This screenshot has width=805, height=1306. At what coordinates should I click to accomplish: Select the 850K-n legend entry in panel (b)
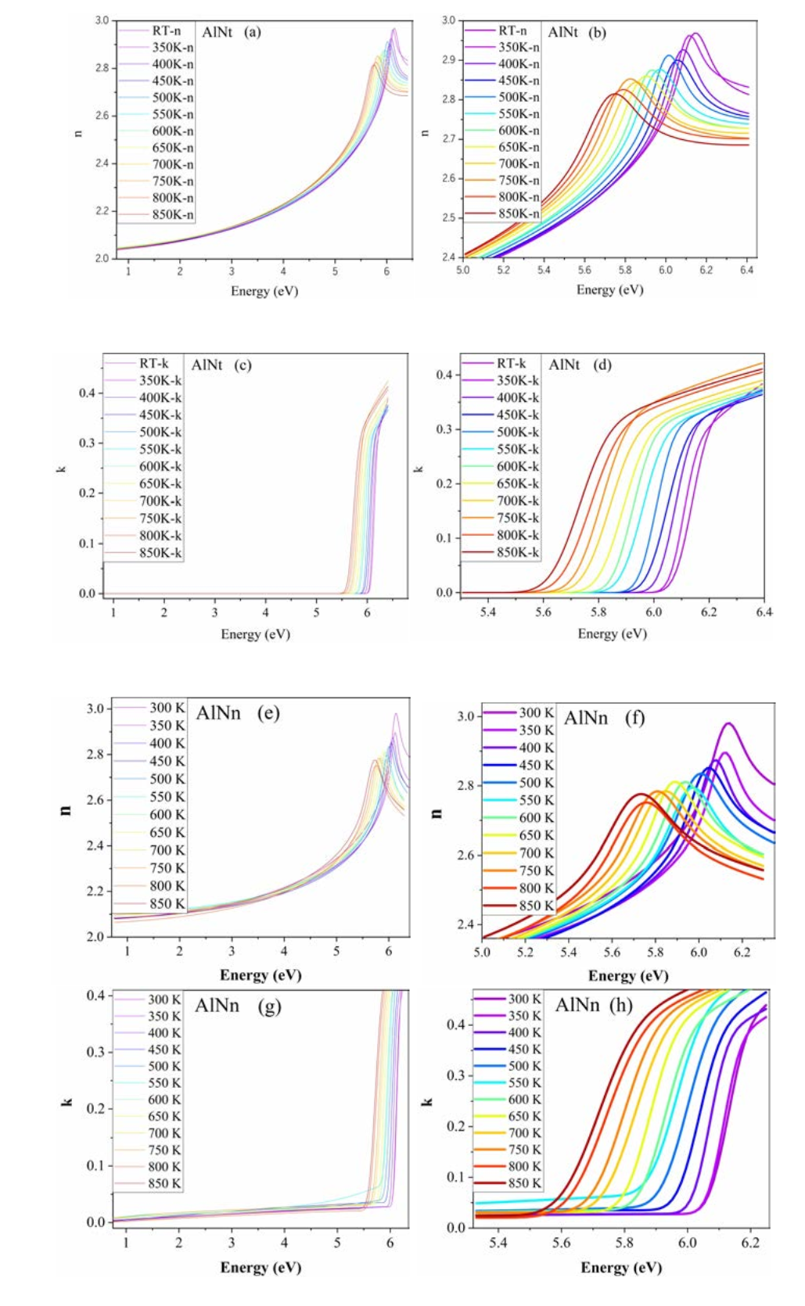pyautogui.click(x=519, y=213)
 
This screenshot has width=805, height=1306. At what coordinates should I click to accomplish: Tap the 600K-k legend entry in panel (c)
pyautogui.click(x=160, y=467)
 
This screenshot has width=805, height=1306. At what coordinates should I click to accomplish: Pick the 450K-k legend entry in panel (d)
pyautogui.click(x=517, y=414)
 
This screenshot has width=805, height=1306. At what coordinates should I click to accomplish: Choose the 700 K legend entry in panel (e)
pyautogui.click(x=167, y=850)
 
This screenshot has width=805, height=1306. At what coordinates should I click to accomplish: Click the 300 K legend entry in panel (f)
pyautogui.click(x=536, y=712)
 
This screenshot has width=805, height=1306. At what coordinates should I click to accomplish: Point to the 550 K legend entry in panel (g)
pyautogui.click(x=164, y=1083)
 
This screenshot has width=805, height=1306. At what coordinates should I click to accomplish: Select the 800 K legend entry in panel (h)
pyautogui.click(x=524, y=1166)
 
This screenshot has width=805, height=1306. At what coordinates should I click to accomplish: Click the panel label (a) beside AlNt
pyautogui.click(x=252, y=32)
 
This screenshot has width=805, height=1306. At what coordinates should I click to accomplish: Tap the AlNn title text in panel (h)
pyautogui.click(x=577, y=1005)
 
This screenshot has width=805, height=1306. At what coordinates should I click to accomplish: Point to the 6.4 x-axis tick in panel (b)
pyautogui.click(x=747, y=271)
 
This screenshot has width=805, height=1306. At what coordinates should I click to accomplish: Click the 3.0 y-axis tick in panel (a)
pyautogui.click(x=102, y=20)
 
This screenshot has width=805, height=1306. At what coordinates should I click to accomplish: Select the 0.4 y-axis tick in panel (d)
pyautogui.click(x=444, y=375)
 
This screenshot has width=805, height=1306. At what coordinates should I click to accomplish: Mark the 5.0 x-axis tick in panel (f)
pyautogui.click(x=482, y=953)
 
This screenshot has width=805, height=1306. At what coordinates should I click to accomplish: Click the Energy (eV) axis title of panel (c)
pyautogui.click(x=255, y=634)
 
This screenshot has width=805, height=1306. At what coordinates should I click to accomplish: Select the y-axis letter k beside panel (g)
pyautogui.click(x=67, y=1102)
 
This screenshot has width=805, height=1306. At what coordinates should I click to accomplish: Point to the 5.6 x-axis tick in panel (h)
pyautogui.click(x=561, y=1243)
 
